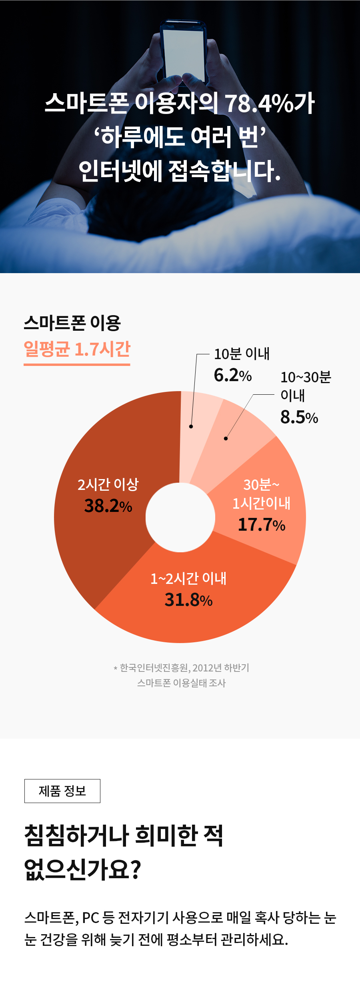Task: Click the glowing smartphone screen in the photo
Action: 184,52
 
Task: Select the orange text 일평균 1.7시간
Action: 77,349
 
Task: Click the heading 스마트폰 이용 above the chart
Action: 72,323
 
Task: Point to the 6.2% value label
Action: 232,375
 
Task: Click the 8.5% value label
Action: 299,417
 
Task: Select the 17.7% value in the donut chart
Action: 261,524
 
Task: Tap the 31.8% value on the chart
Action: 188,599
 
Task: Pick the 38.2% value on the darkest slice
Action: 108,506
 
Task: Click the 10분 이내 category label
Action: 242,354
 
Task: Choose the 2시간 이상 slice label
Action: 108,484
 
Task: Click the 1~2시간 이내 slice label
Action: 188,578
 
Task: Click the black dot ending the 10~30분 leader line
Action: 226,438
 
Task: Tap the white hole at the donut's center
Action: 180,517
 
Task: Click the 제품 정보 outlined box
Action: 62,791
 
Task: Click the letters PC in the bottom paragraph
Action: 90,917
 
